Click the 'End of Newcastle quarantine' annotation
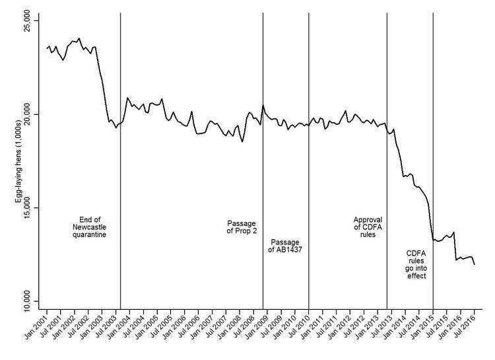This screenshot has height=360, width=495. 90,227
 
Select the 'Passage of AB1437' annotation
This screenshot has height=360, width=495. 286,245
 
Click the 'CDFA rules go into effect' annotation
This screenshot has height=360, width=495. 416,264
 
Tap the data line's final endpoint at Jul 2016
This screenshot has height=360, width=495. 475,264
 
